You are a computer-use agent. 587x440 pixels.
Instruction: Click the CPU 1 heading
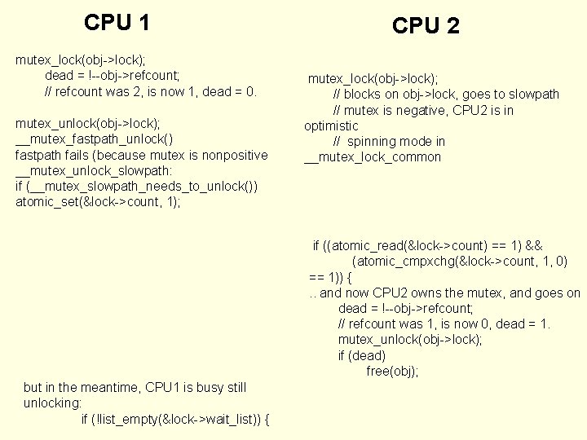point(117,23)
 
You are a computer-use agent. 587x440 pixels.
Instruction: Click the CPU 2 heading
point(426,26)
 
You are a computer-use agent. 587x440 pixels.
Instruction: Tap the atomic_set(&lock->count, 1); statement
point(98,202)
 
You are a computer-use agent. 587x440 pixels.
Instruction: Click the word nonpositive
point(233,155)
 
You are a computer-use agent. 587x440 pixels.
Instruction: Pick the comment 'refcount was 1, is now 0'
point(444,324)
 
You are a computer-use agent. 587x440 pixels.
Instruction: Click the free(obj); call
point(392,371)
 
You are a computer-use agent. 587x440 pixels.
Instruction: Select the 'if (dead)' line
point(362,355)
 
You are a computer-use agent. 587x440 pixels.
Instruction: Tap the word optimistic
point(331,125)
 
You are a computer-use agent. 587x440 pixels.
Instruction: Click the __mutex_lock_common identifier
point(373,157)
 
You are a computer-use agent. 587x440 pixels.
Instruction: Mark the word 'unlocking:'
point(53,403)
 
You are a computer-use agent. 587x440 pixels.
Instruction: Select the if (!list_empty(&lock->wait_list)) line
point(176,419)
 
